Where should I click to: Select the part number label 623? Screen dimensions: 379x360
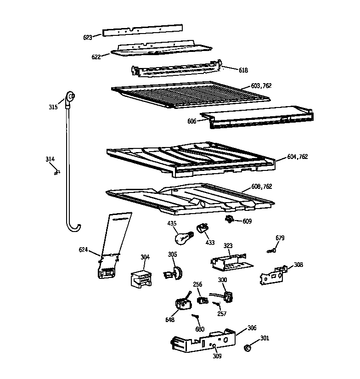click(88, 37)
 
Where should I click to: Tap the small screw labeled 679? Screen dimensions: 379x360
click(271, 250)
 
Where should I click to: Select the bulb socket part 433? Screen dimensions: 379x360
click(202, 228)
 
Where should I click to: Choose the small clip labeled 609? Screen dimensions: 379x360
click(229, 220)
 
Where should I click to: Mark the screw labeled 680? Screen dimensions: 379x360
click(196, 317)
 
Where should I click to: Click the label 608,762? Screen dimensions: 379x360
click(262, 187)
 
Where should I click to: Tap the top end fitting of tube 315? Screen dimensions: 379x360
click(71, 96)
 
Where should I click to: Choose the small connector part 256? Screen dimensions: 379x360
click(201, 300)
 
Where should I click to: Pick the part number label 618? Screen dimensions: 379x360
click(243, 70)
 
